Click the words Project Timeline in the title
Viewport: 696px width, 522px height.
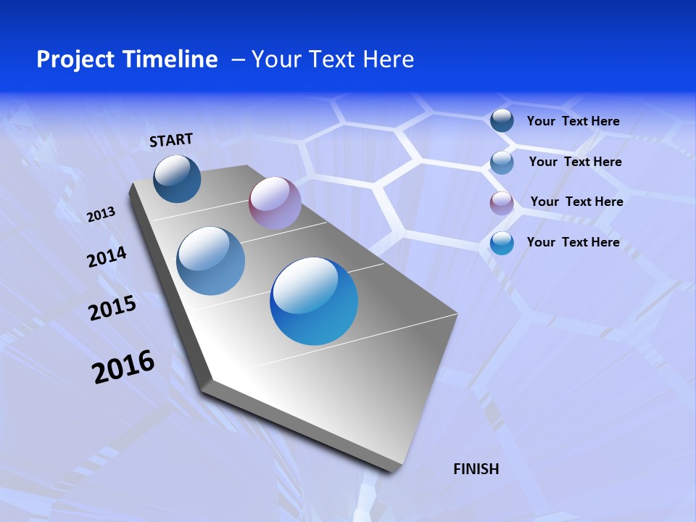pyautogui.click(x=127, y=59)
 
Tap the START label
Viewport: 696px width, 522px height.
pyautogui.click(x=171, y=140)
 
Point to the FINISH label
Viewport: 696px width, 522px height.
pyautogui.click(x=476, y=469)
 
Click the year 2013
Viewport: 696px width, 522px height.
pyautogui.click(x=101, y=215)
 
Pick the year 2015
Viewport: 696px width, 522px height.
pyautogui.click(x=112, y=308)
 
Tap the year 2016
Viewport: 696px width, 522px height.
pyautogui.click(x=123, y=366)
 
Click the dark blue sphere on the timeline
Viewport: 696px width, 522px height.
pyautogui.click(x=177, y=178)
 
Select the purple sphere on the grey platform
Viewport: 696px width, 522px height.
pyautogui.click(x=275, y=202)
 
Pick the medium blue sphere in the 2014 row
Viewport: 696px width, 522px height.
pyautogui.click(x=211, y=261)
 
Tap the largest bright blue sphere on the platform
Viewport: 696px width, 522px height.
pyautogui.click(x=314, y=301)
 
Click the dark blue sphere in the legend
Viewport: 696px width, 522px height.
pyautogui.click(x=502, y=121)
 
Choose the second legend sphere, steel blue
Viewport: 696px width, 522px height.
pyautogui.click(x=502, y=162)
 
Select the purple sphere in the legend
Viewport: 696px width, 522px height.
pyautogui.click(x=502, y=203)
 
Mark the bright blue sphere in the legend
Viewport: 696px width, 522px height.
pyautogui.click(x=502, y=243)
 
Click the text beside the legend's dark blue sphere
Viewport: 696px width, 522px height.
pyautogui.click(x=573, y=122)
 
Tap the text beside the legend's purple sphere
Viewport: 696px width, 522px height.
pyautogui.click(x=576, y=202)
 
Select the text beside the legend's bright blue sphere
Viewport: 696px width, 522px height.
pyautogui.click(x=573, y=242)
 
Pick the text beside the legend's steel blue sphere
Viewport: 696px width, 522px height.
pyautogui.click(x=575, y=162)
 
